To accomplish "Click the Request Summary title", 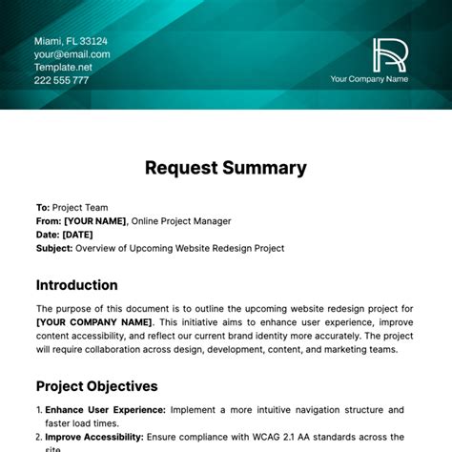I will click(226, 168).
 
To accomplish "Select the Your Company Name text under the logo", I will click(368, 79).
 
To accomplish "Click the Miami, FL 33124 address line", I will click(71, 41).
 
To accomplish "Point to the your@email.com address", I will click(72, 54).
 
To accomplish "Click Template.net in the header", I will click(62, 68).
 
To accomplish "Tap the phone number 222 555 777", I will click(62, 81).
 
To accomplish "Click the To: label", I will click(43, 207).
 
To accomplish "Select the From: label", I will click(49, 220).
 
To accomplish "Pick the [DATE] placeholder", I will click(79, 235).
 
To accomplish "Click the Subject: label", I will click(54, 248).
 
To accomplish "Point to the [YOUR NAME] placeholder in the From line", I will click(94, 220).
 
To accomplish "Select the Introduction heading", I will click(76, 285).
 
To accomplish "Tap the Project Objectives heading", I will click(96, 386).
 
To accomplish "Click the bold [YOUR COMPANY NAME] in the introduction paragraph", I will click(93, 321).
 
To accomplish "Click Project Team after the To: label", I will click(80, 207).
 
